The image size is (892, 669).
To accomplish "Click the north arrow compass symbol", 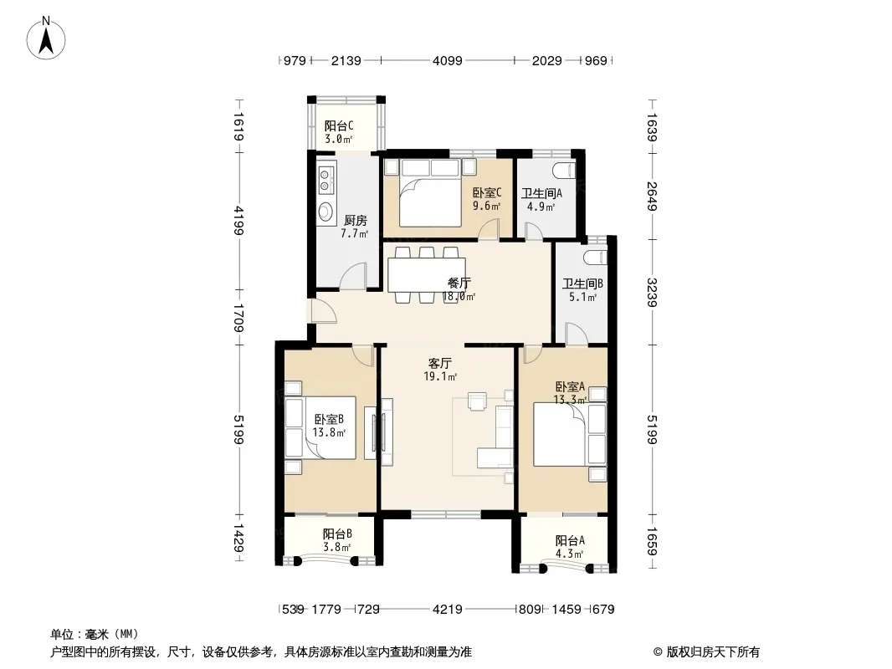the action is (46, 38).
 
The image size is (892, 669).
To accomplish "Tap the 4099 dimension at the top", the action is (447, 61).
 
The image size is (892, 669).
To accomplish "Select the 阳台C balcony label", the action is (339, 125).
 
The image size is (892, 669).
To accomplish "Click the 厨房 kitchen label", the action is (355, 220).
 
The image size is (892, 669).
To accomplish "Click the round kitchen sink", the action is (326, 212).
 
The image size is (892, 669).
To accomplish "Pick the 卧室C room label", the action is (487, 193).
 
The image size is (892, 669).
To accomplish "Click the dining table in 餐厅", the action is (427, 275).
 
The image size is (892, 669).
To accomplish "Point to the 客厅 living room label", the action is (440, 363).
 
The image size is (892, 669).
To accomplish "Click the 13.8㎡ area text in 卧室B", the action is (329, 432).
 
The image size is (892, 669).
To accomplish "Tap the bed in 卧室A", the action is (561, 434).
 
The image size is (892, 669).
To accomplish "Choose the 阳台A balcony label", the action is (570, 540).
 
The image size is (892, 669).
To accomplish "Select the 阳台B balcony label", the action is (337, 534).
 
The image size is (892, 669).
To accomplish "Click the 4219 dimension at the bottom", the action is (447, 610).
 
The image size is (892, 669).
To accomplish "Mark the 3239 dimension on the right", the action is (651, 292).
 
